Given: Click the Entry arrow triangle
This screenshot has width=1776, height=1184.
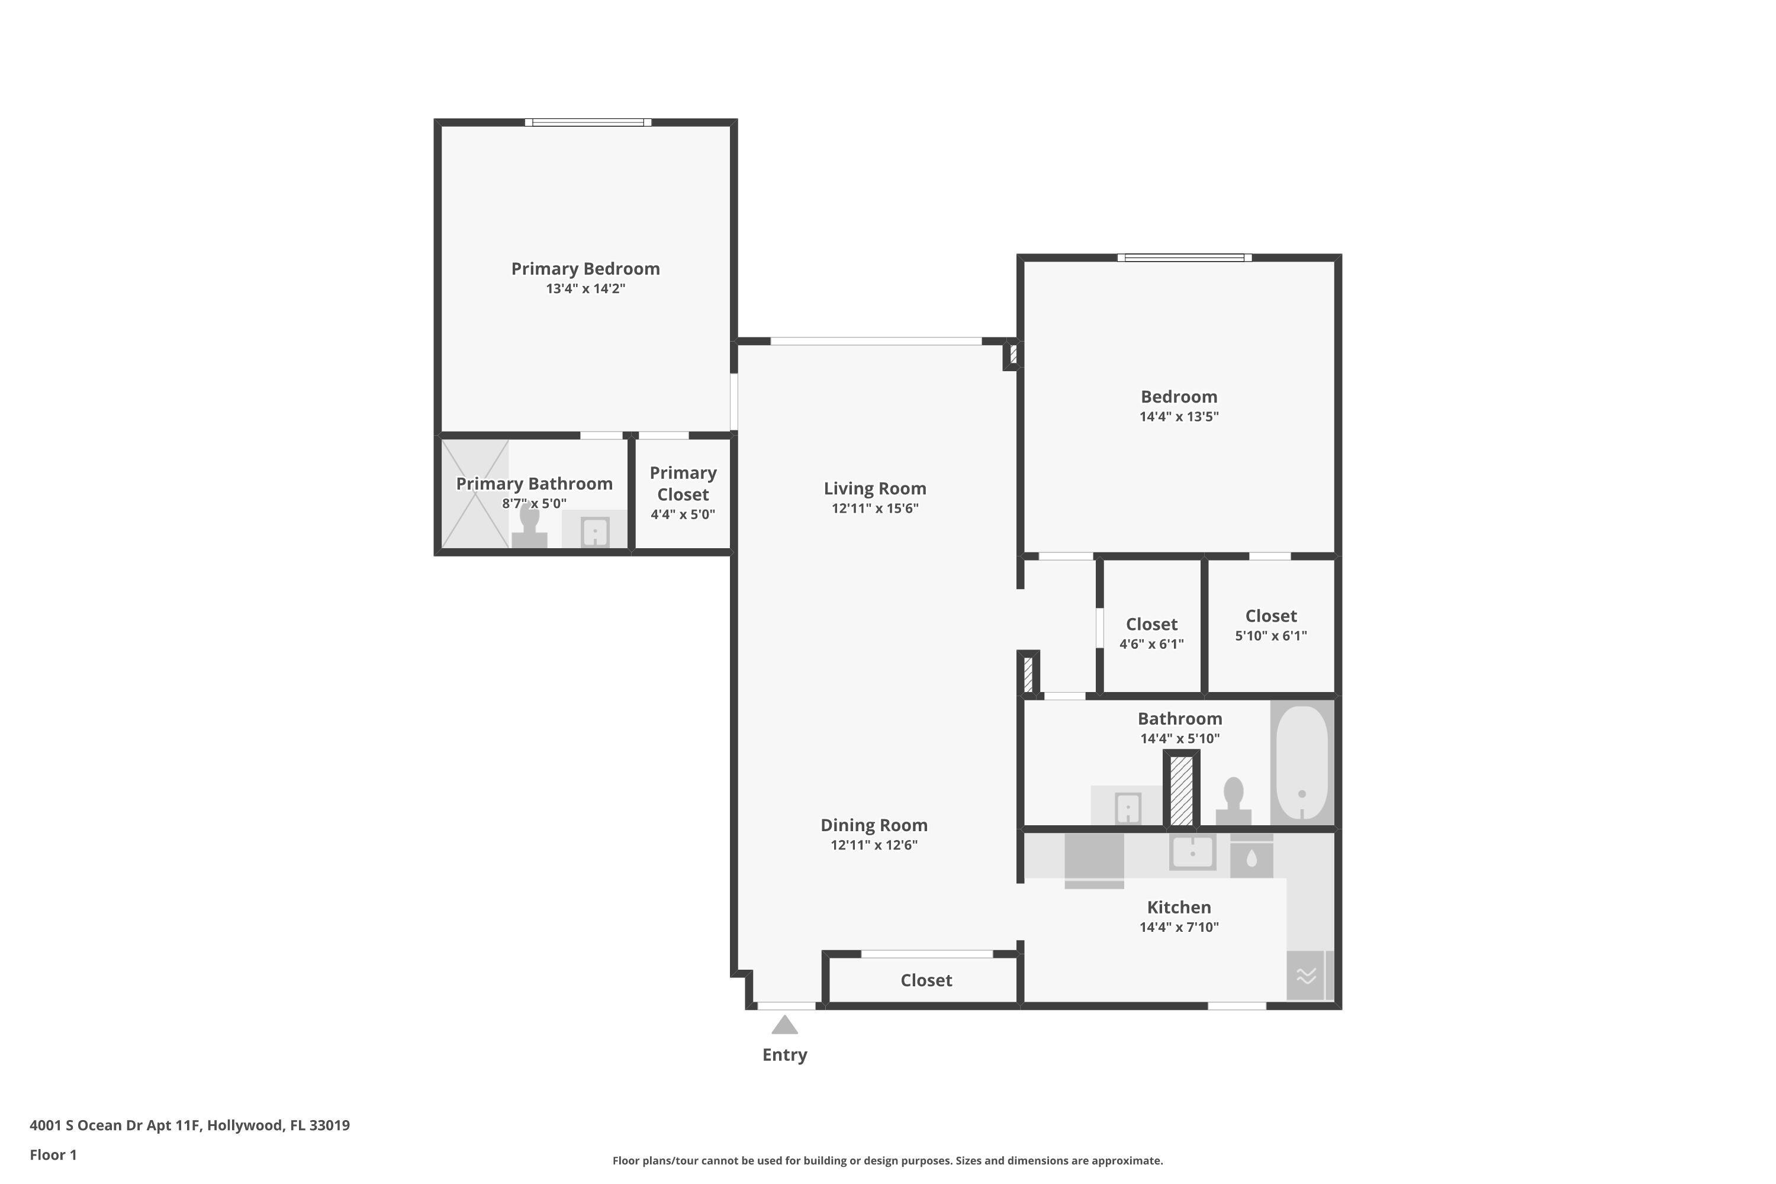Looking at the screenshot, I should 784,1025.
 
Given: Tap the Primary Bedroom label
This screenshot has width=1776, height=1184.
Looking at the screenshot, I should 585,269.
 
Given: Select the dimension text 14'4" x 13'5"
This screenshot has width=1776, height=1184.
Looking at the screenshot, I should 1179,416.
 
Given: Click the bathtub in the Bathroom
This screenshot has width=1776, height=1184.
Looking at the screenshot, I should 1302,762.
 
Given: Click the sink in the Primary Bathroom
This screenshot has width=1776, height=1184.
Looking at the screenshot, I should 595,532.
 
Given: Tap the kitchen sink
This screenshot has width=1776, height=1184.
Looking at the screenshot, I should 1192,852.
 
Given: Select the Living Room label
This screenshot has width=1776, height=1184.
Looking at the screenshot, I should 874,488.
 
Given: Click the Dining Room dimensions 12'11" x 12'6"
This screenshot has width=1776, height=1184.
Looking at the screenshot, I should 874,845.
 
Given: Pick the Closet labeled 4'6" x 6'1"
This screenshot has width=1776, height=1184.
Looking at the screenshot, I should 1151,633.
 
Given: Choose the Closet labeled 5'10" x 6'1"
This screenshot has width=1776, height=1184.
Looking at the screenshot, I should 1271,625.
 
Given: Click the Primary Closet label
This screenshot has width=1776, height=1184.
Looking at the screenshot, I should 683,483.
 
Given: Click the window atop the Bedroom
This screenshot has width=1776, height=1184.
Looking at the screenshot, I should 1184,258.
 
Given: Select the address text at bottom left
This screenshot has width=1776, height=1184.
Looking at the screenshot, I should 189,1125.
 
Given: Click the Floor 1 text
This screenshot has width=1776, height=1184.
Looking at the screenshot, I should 53,1154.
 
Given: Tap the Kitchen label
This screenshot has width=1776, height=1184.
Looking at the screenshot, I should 1179,907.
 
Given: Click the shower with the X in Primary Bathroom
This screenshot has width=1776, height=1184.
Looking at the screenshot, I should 475,494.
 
